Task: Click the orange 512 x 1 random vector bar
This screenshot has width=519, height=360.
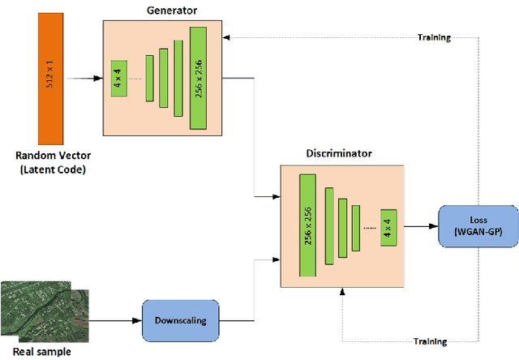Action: pos(50,78)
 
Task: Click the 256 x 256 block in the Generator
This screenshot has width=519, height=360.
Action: pos(199,78)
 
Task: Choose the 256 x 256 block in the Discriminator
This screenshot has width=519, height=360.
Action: pos(308,221)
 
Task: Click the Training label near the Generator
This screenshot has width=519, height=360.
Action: pos(434,37)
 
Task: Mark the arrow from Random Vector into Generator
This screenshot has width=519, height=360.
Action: pos(86,79)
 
